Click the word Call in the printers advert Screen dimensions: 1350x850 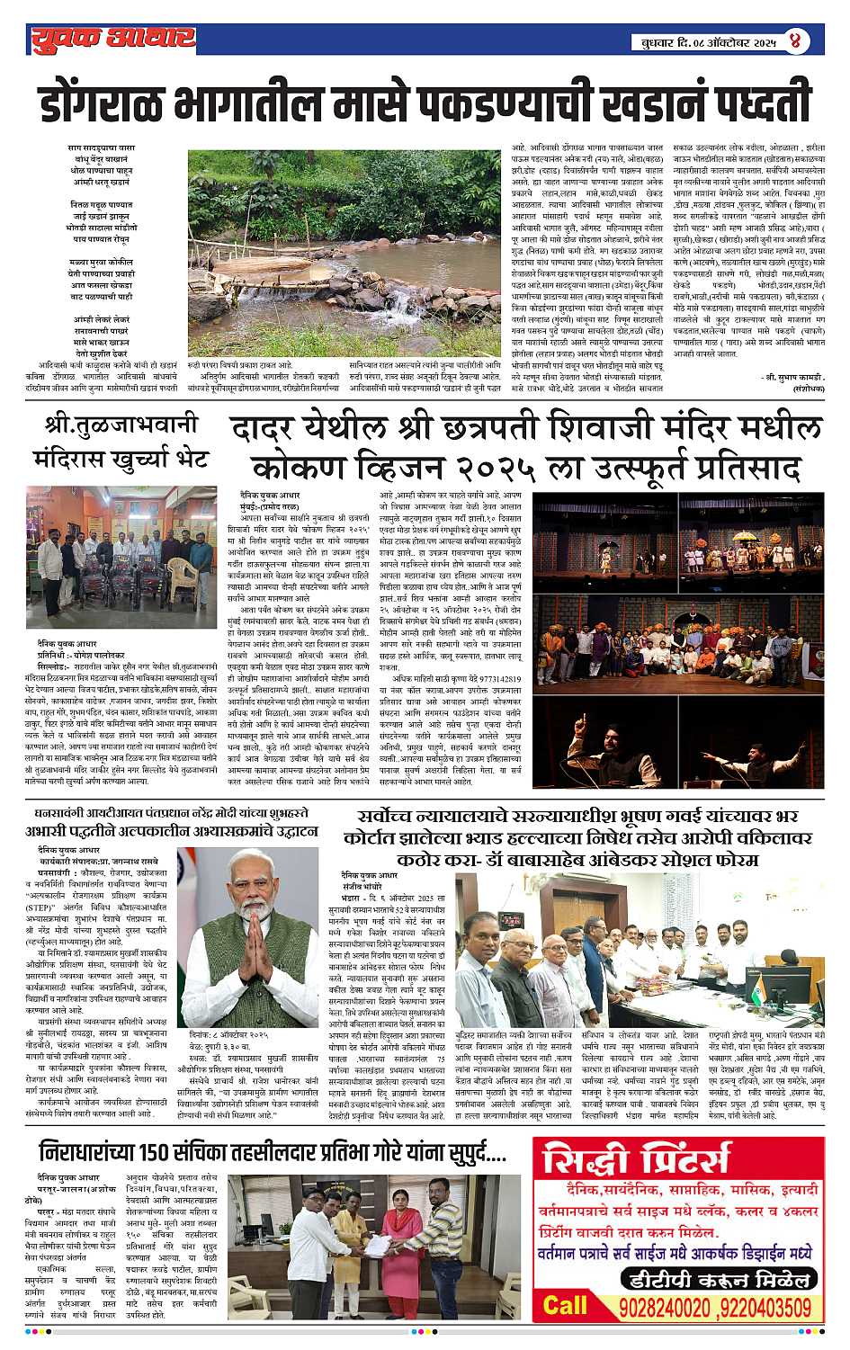[x=565, y=1306]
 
